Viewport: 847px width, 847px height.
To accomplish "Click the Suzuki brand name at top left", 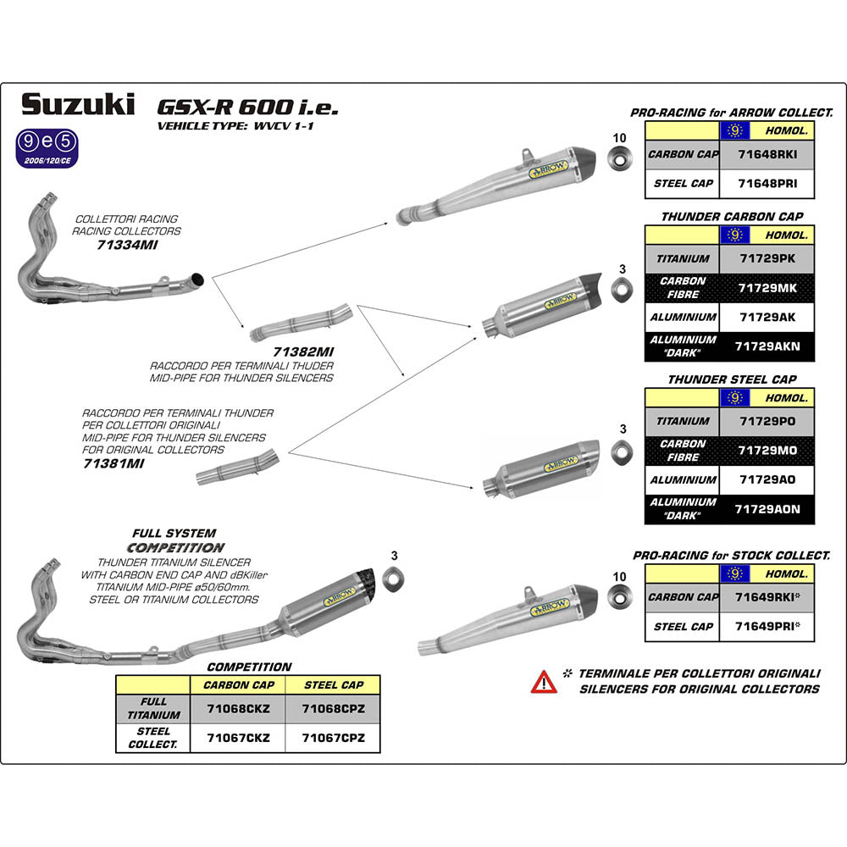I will [77, 105].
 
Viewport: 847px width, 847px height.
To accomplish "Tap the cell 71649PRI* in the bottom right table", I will [768, 626].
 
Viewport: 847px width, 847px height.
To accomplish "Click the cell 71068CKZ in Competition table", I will [239, 708].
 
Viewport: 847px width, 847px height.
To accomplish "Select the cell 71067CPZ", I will [333, 738].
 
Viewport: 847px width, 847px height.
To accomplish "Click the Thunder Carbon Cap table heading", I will [732, 217].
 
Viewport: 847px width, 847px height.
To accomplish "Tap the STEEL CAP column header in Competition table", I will [333, 684].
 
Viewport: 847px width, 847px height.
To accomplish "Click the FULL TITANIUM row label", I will [153, 708].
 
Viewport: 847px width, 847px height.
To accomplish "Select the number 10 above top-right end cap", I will [619, 137].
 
